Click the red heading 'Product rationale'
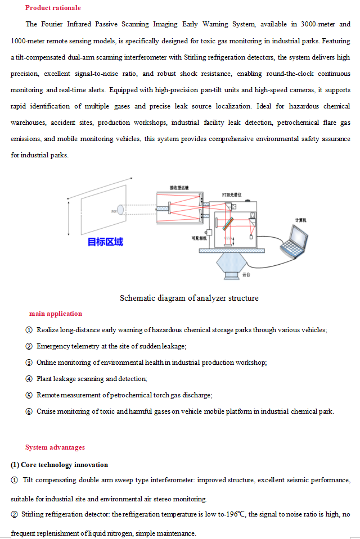(x=53, y=8)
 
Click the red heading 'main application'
(x=56, y=314)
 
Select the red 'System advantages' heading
(x=55, y=447)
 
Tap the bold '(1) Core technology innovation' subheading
(x=59, y=465)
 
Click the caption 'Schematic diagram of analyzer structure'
(x=189, y=298)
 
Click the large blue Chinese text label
(x=105, y=242)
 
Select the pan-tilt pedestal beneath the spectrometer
(x=232, y=264)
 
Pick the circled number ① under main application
(x=29, y=330)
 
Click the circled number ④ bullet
(x=29, y=379)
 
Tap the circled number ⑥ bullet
(x=29, y=411)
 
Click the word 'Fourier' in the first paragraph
(x=52, y=25)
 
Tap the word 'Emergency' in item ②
(x=52, y=346)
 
